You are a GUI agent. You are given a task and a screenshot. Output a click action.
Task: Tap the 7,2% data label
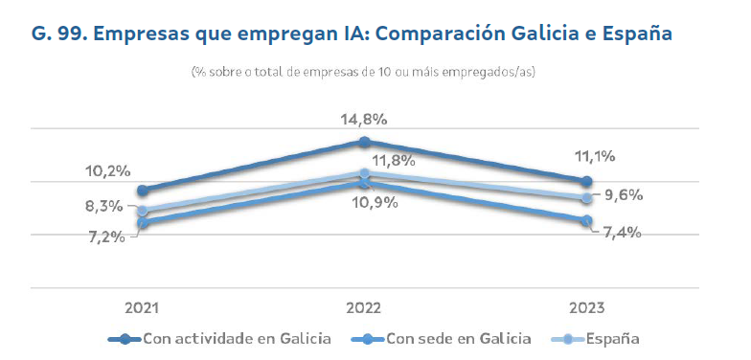point(105,236)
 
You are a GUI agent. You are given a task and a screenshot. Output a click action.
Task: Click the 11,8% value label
point(393,160)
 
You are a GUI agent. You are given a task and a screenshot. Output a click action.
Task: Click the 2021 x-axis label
point(142,307)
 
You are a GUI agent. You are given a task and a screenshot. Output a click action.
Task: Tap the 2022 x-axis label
point(363,307)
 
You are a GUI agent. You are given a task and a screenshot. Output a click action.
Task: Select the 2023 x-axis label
point(584,307)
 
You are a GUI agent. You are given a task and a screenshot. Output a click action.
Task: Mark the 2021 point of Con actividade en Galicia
point(143,191)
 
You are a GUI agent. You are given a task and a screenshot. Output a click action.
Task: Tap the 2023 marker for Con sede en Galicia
point(585,220)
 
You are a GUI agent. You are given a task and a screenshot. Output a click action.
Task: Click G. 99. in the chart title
point(59,34)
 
